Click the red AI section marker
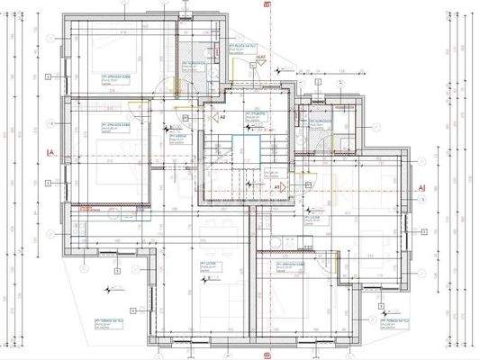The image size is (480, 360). (421, 187)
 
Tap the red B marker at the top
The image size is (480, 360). (267, 4)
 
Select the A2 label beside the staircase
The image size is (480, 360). (222, 117)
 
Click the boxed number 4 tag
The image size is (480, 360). (131, 310)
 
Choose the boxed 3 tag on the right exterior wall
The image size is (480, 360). (422, 230)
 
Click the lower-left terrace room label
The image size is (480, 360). (108, 321)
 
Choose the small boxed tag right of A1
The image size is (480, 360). (308, 184)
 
